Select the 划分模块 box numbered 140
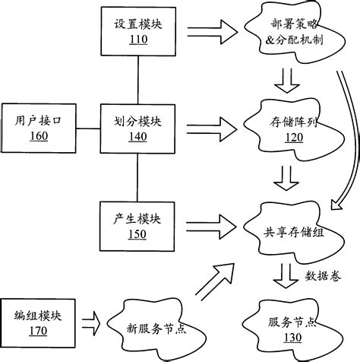coord(137,127)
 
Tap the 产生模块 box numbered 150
coord(137,225)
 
